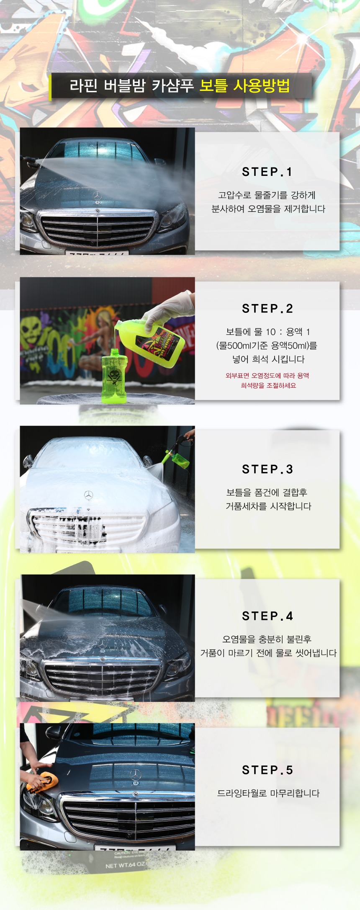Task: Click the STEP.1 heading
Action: pos(267,172)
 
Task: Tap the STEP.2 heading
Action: pos(267,309)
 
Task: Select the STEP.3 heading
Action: pos(267,469)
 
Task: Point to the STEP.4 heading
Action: pos(267,616)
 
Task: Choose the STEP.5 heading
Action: pos(267,770)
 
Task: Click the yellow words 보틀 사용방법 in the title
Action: pos(244,85)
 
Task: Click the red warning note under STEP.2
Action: pos(267,381)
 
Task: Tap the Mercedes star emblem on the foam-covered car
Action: pos(88,495)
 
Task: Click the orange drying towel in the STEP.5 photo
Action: pos(42,782)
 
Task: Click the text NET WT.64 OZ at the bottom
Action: pos(125,865)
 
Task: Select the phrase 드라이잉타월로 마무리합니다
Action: pos(268,793)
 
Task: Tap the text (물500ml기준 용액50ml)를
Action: pos(267,345)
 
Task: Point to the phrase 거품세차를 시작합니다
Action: pos(268,506)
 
